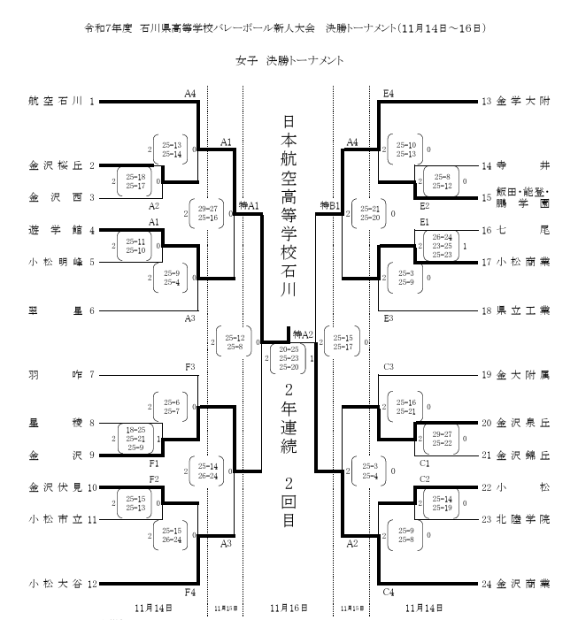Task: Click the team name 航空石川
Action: [x=55, y=102]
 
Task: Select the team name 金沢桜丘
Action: [x=55, y=165]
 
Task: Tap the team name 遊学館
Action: [x=55, y=230]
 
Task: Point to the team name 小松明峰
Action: [x=55, y=262]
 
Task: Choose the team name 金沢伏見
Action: [x=55, y=486]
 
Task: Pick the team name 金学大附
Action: [x=523, y=102]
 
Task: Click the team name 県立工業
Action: [x=523, y=310]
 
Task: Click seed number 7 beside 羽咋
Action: [x=91, y=374]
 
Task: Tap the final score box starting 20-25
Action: [x=288, y=358]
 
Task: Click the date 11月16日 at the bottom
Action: [x=288, y=609]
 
